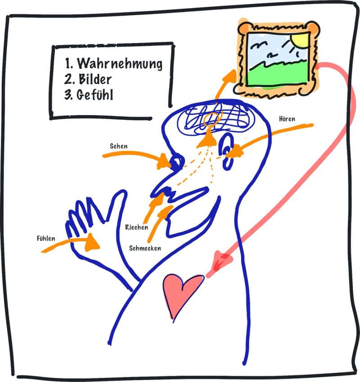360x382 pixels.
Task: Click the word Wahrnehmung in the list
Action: coord(120,64)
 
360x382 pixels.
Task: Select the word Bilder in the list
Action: coord(95,79)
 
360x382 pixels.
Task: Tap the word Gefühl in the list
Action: coord(95,94)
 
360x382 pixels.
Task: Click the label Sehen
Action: coord(118,146)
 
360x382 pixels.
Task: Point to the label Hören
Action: coord(287,119)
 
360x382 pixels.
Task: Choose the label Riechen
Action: coord(137,227)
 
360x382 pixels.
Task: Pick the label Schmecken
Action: coord(145,248)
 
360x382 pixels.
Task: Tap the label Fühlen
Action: coord(46,238)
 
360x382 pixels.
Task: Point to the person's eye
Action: coord(176,161)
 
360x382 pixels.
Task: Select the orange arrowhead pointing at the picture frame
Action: coord(229,77)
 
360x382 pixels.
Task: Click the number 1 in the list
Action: coord(68,63)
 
